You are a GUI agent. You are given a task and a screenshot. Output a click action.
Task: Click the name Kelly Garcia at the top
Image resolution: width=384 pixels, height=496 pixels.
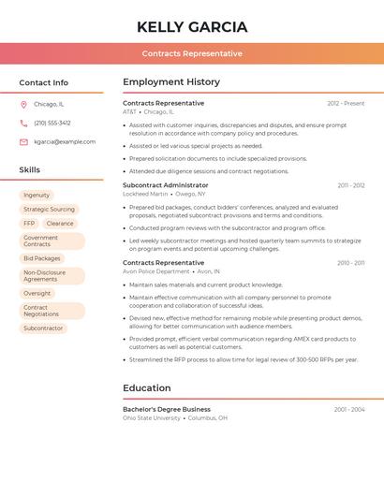click(x=192, y=26)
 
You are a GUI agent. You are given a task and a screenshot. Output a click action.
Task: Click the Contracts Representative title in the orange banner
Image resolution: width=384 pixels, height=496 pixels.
click(x=192, y=53)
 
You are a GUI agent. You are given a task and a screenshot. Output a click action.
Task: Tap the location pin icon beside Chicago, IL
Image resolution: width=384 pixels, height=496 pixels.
click(x=23, y=105)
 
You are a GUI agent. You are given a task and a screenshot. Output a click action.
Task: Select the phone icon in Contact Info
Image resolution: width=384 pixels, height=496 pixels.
click(x=23, y=123)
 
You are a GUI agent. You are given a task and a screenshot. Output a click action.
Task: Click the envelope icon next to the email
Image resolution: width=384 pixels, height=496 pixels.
click(x=23, y=142)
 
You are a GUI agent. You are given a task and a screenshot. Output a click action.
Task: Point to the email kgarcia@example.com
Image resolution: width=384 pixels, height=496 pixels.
click(x=65, y=142)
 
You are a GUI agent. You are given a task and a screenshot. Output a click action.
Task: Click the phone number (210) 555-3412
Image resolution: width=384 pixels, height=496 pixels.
click(x=52, y=123)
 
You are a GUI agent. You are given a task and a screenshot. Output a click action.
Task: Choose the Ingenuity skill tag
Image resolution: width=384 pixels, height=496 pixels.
click(x=37, y=196)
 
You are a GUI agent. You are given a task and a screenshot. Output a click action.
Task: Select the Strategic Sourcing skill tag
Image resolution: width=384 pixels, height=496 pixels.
click(x=49, y=210)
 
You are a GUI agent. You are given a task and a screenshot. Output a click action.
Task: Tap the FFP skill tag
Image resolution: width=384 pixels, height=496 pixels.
click(x=29, y=224)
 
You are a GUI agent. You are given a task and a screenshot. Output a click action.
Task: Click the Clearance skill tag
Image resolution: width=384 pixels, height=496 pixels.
click(x=60, y=224)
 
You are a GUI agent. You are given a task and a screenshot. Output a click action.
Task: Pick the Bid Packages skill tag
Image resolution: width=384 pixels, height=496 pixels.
click(x=42, y=258)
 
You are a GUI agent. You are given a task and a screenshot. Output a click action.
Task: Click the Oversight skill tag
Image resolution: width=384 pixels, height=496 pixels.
click(x=37, y=293)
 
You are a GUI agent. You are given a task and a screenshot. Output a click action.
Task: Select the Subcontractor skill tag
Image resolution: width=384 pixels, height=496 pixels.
click(x=43, y=328)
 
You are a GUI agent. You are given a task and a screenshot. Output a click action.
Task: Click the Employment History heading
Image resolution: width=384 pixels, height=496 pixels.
click(x=171, y=82)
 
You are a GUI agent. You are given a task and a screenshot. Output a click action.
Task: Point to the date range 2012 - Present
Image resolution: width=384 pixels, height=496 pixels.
click(x=346, y=103)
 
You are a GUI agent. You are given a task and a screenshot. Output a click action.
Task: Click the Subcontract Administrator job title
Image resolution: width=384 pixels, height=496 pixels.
click(x=166, y=185)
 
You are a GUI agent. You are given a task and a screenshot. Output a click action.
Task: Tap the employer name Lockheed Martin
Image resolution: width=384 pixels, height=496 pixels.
click(x=146, y=194)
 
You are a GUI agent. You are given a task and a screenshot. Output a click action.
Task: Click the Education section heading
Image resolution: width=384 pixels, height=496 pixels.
click(x=147, y=388)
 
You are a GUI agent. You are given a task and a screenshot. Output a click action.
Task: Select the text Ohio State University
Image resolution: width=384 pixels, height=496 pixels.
click(x=152, y=418)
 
